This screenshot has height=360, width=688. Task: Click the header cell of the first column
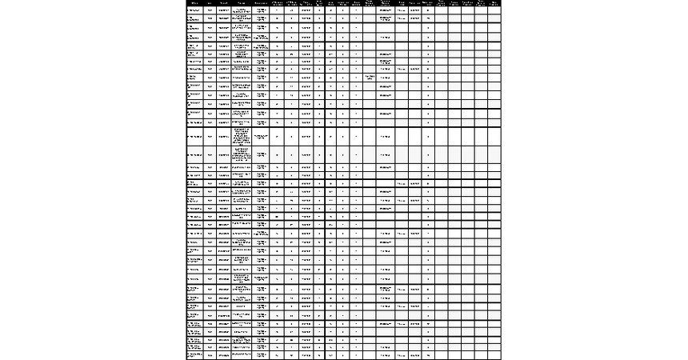194,3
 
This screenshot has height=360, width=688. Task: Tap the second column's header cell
210,3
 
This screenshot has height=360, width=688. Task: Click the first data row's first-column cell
194,10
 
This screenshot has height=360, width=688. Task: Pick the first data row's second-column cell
210,10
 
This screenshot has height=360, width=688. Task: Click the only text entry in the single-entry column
369,77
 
